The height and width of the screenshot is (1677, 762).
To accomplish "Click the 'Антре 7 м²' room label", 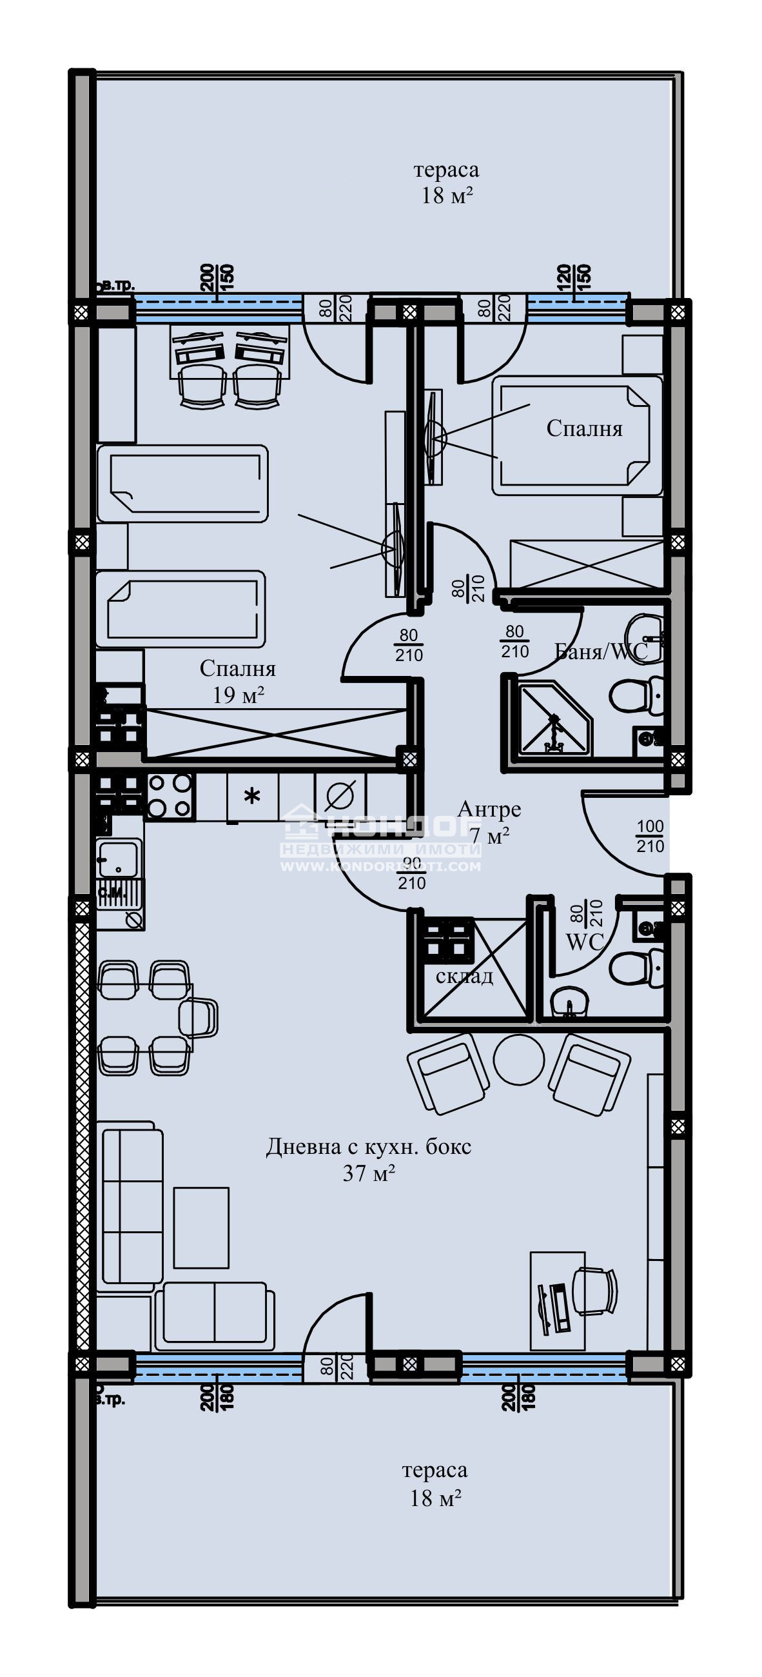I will click(489, 822).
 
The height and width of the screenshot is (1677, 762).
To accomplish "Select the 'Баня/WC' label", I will click(600, 651).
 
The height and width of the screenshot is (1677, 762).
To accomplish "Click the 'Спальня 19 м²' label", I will click(237, 682).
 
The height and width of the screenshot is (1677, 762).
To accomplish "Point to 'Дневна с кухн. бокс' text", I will click(368, 1146).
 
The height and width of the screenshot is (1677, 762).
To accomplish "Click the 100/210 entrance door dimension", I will click(649, 837).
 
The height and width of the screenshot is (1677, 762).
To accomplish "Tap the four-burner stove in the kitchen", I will click(170, 795).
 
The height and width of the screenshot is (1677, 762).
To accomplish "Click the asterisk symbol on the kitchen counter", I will click(252, 795).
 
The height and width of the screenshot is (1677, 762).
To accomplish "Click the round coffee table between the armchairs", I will click(518, 1058).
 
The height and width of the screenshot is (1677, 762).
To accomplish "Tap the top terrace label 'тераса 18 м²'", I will click(446, 183).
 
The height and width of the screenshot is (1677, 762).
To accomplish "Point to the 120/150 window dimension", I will click(574, 277).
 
